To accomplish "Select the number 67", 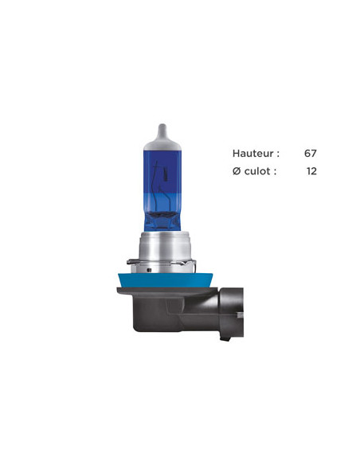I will point(311,153).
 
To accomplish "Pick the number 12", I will point(311,170).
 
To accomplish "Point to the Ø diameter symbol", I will point(237,170).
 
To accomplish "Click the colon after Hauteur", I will point(276,154).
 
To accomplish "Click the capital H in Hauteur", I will point(236,153).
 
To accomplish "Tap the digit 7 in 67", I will point(314,153).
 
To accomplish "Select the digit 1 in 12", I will point(308,170).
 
